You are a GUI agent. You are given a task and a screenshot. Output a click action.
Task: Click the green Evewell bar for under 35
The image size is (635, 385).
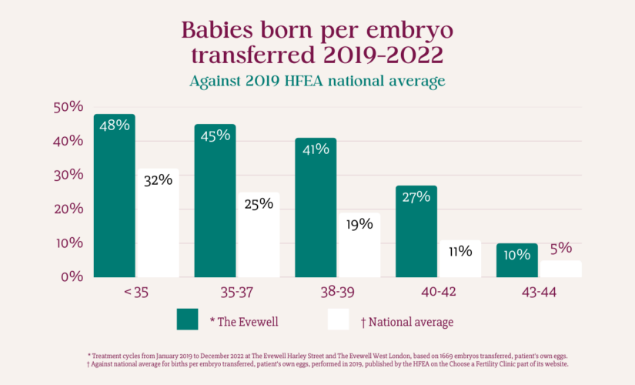(115, 196)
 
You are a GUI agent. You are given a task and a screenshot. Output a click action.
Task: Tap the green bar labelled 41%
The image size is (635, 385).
(316, 208)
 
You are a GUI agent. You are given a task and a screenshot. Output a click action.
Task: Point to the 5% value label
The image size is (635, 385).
(561, 249)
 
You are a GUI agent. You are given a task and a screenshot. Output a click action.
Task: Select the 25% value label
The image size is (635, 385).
(259, 204)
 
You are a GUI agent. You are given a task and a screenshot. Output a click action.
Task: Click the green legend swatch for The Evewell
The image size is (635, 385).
(188, 320)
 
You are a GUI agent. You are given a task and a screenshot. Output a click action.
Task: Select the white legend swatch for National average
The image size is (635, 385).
(339, 320)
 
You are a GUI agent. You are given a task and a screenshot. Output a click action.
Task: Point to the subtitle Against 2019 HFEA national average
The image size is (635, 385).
(317, 81)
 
